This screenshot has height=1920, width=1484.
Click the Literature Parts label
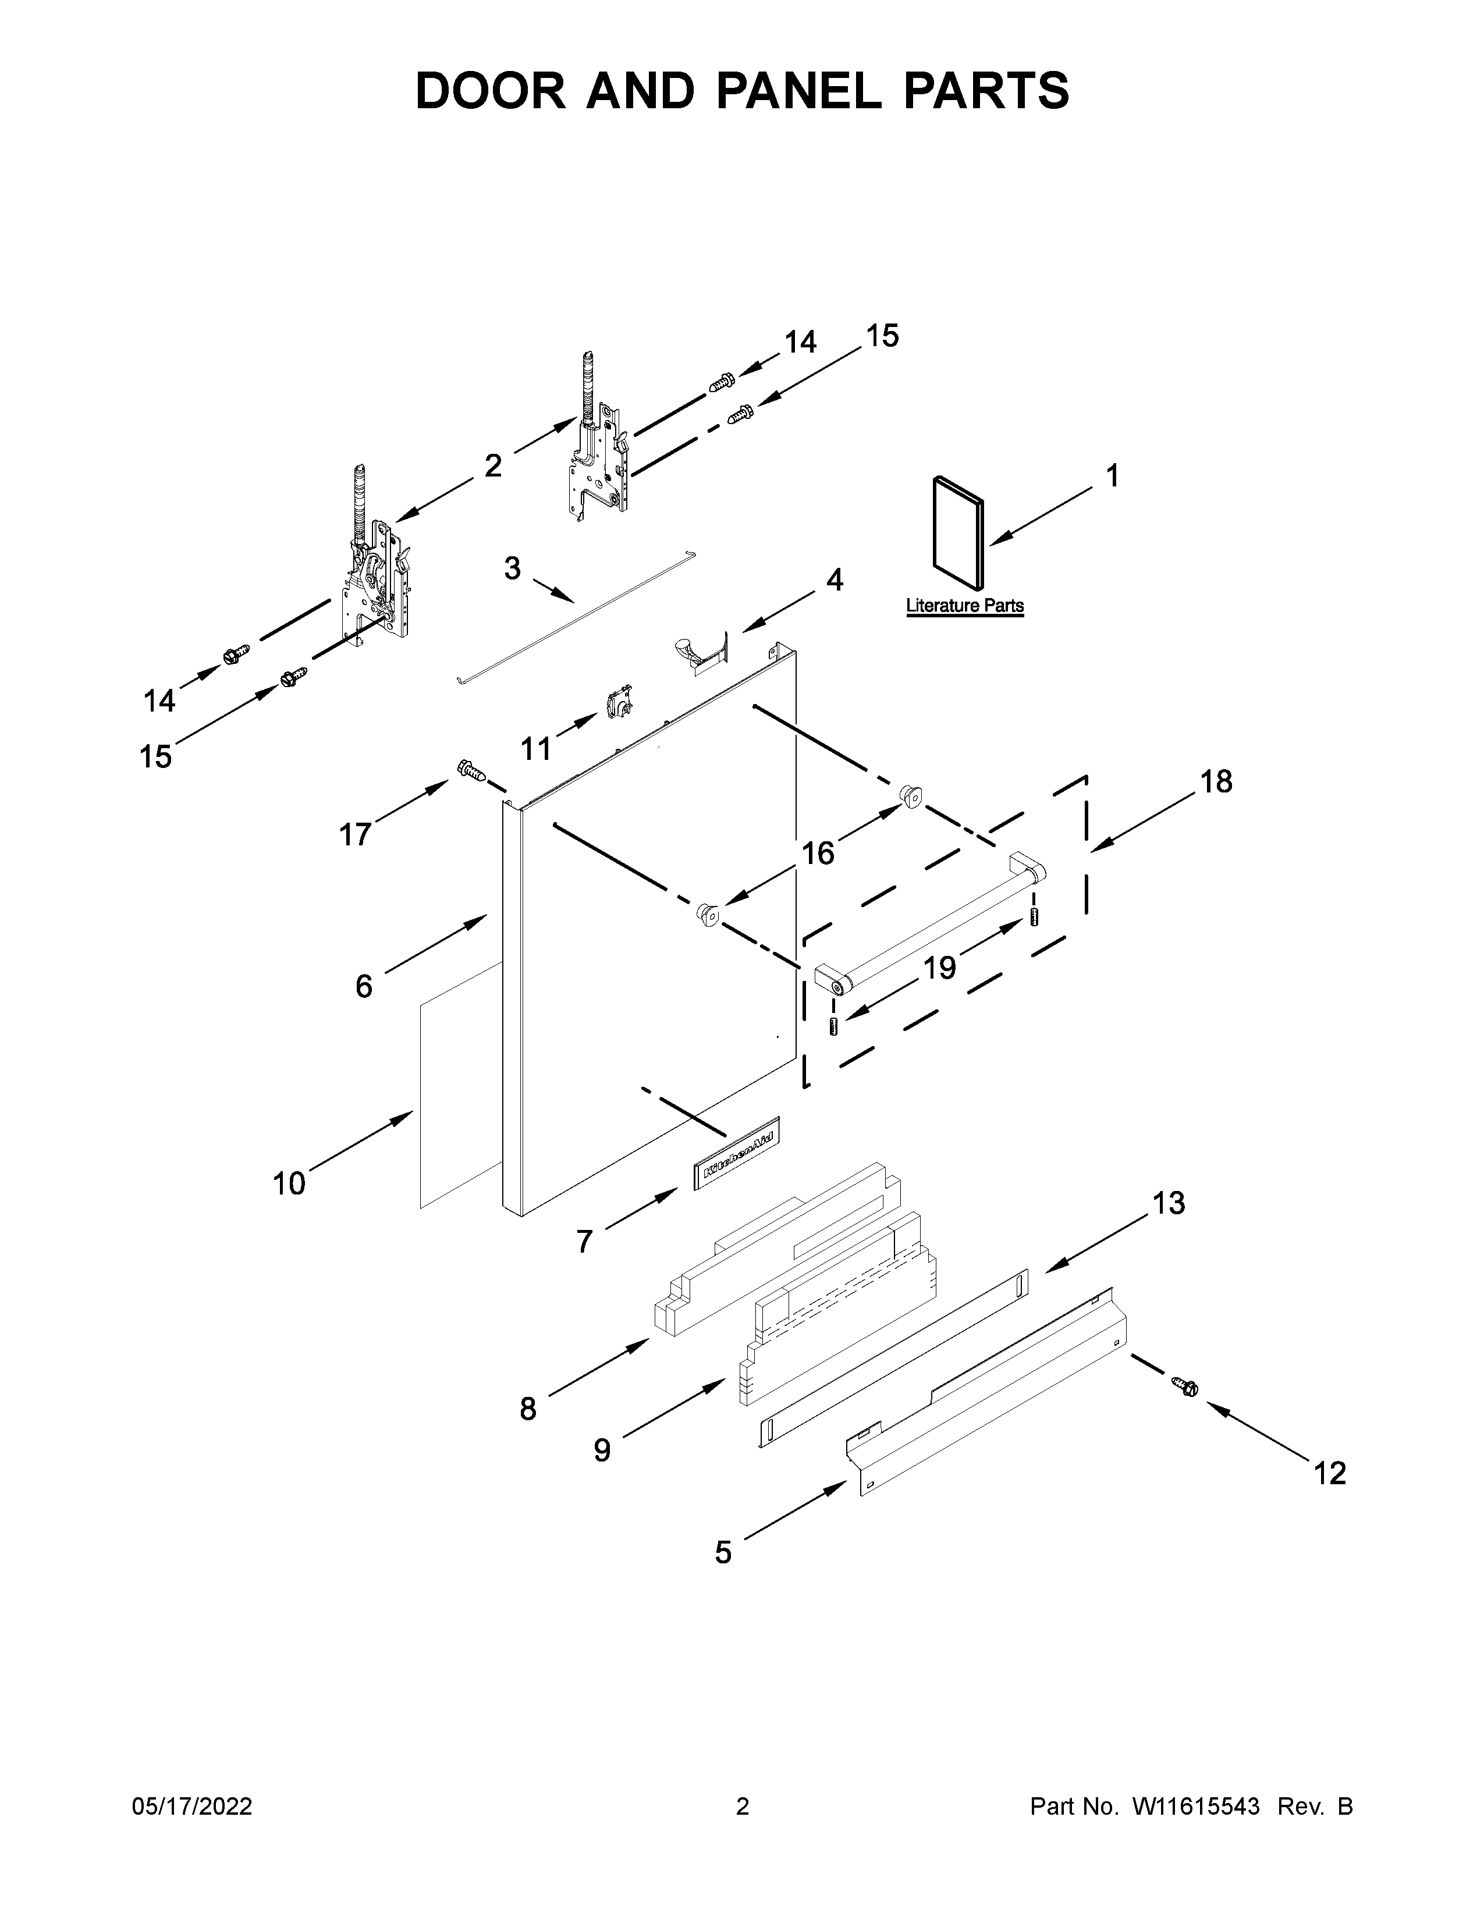pyautogui.click(x=964, y=606)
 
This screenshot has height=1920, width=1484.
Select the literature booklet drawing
pyautogui.click(x=957, y=531)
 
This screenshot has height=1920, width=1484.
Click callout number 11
pyautogui.click(x=535, y=749)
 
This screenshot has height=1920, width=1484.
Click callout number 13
pyautogui.click(x=1169, y=1203)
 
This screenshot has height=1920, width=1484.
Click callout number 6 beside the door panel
pyautogui.click(x=364, y=986)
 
